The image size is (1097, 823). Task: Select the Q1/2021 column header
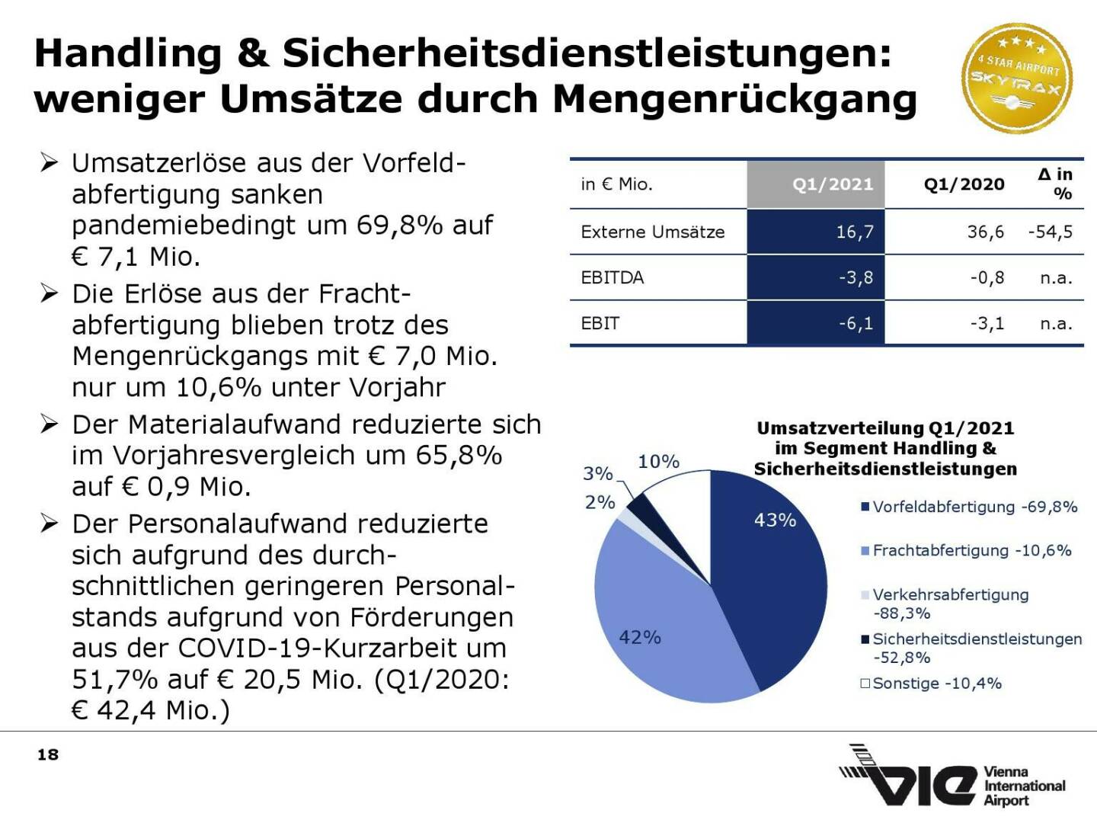pos(832,184)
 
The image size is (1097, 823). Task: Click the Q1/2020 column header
pos(964,184)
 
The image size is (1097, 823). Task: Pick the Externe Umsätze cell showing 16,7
pos(854,232)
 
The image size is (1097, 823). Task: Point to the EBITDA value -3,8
pos(856,277)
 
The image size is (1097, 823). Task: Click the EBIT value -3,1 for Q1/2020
pos(987,323)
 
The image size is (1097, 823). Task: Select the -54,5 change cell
pos(1050,232)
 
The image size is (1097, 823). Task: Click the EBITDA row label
pos(612,277)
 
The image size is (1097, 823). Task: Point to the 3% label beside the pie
pos(598,473)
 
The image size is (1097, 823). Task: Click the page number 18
pos(48,754)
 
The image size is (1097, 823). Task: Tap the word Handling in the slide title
pos(128,53)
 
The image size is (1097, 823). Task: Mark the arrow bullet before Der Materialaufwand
pos(50,424)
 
